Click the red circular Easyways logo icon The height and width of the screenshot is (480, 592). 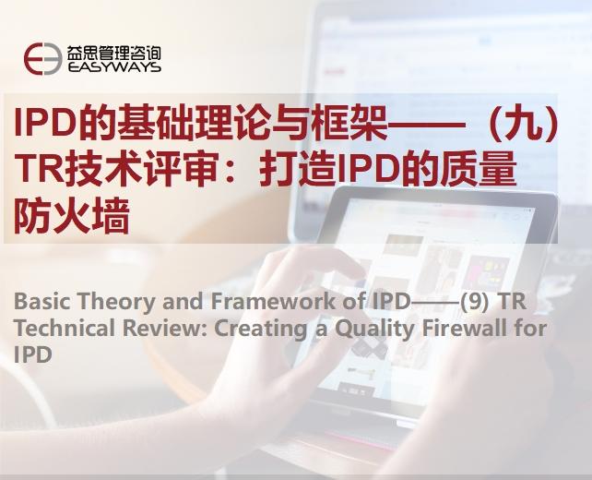[43, 58]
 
